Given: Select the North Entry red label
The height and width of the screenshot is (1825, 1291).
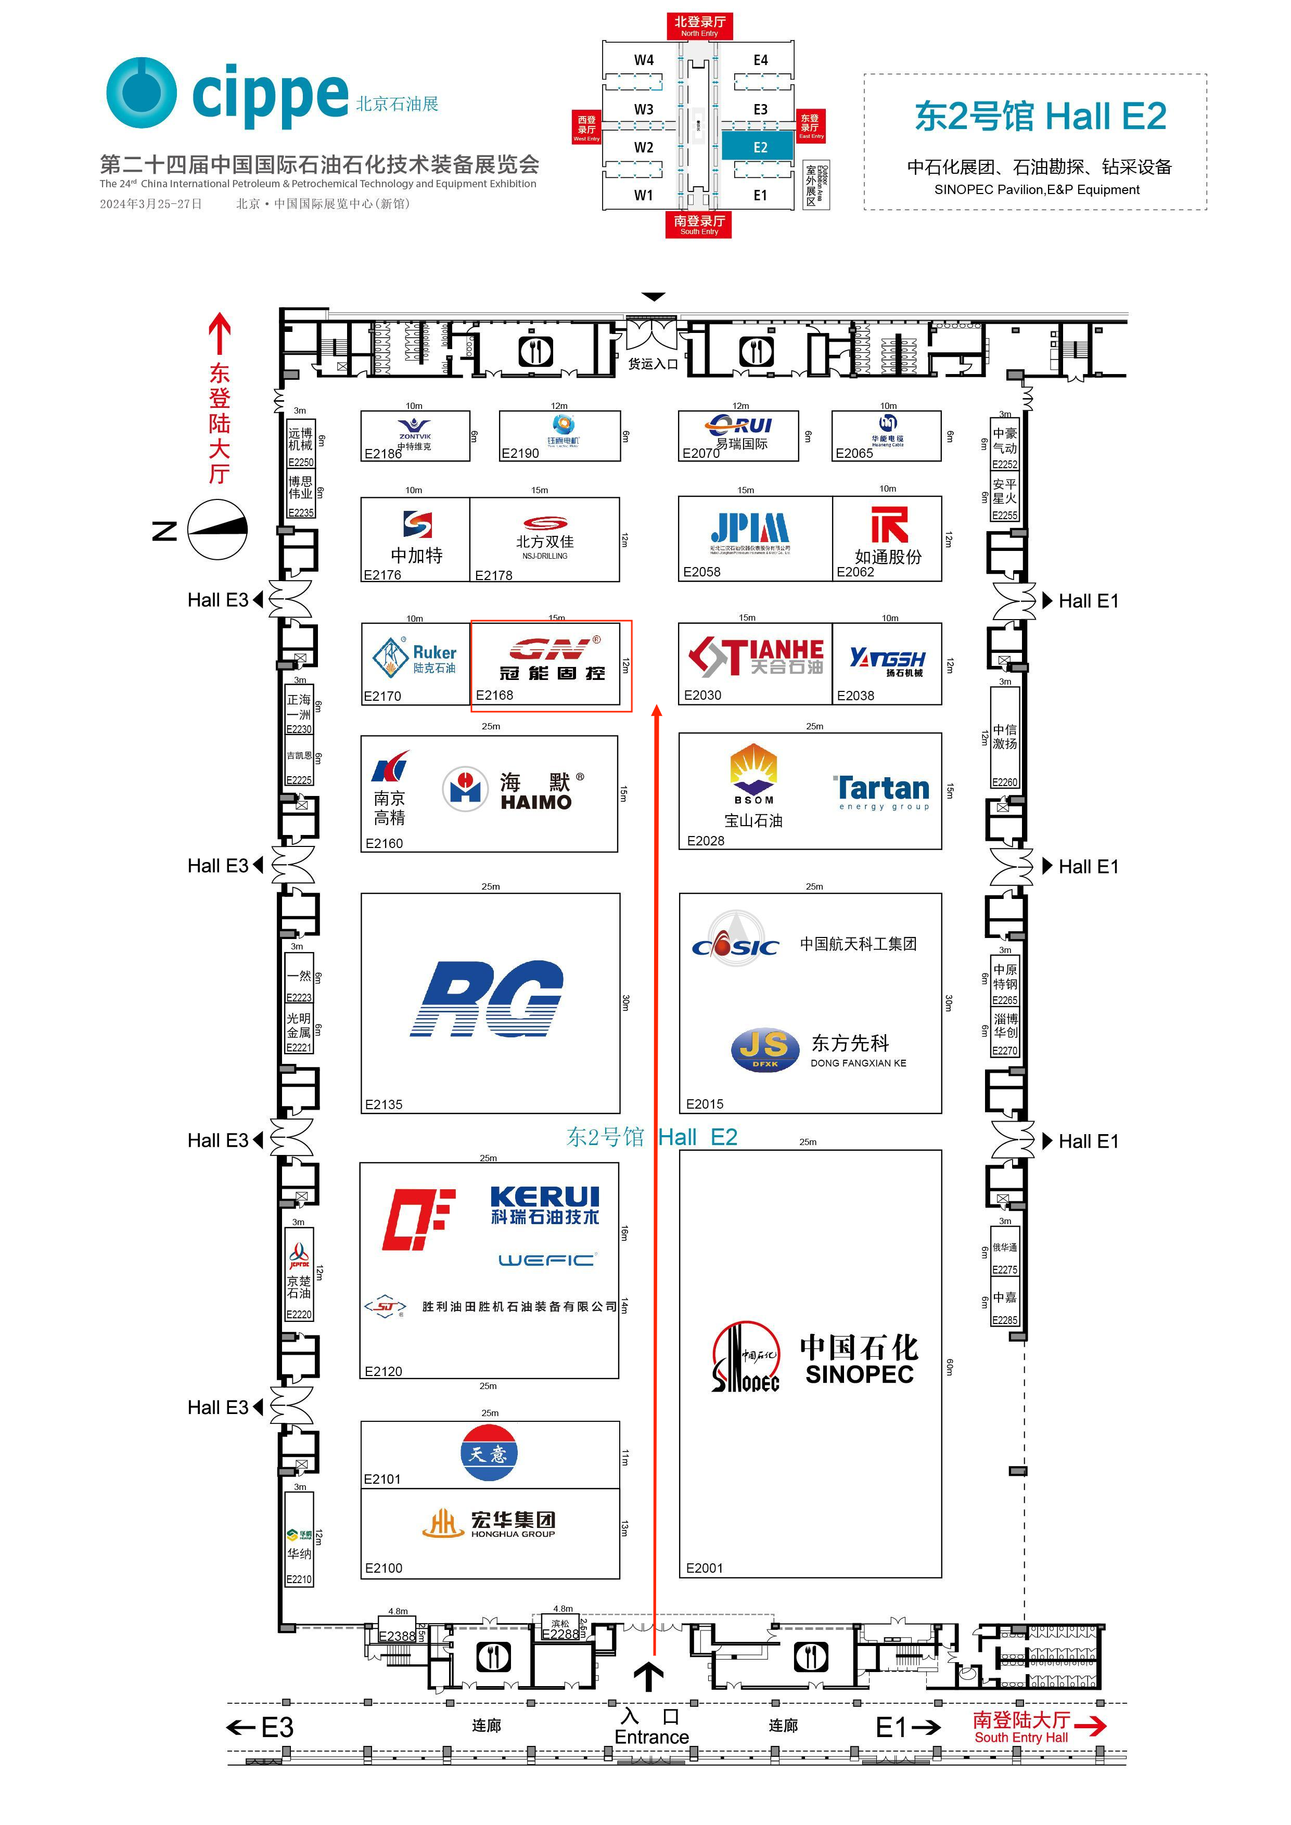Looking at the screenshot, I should coord(699,26).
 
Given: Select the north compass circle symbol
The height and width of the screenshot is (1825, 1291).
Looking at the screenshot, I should coord(217,530).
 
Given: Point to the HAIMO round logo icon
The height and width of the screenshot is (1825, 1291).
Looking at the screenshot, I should coord(465,789).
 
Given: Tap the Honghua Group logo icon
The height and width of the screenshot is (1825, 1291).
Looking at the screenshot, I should coord(443,1523).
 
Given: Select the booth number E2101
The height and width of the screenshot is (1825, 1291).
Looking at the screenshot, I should coord(382,1479).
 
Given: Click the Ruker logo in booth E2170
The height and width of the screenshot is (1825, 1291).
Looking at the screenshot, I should coord(414,658).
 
